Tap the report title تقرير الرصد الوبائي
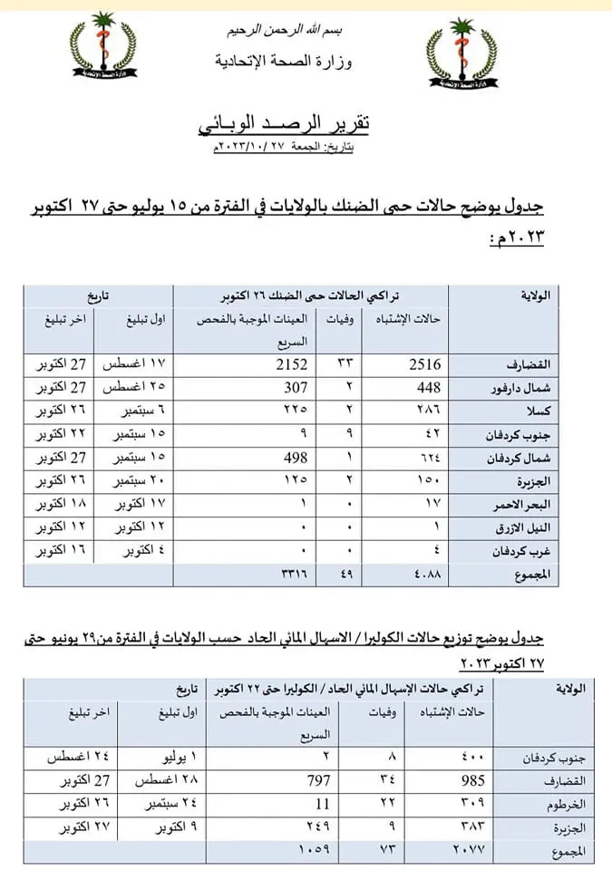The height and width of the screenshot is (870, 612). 285,125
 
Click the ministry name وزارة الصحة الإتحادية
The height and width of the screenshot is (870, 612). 285,62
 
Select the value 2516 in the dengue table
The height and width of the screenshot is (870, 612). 423,364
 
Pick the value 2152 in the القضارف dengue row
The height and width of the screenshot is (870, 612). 290,364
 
